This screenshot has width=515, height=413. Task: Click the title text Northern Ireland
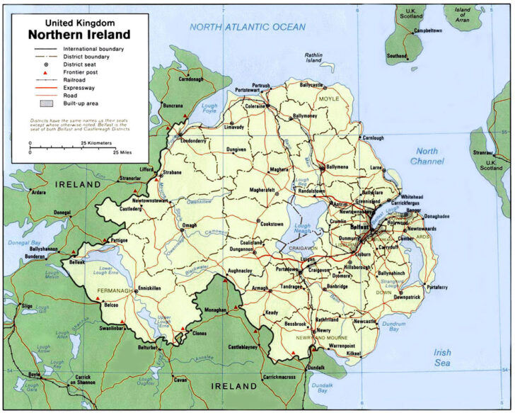click(79, 34)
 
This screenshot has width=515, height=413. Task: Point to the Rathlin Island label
click(313, 57)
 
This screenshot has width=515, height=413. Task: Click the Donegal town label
click(63, 212)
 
